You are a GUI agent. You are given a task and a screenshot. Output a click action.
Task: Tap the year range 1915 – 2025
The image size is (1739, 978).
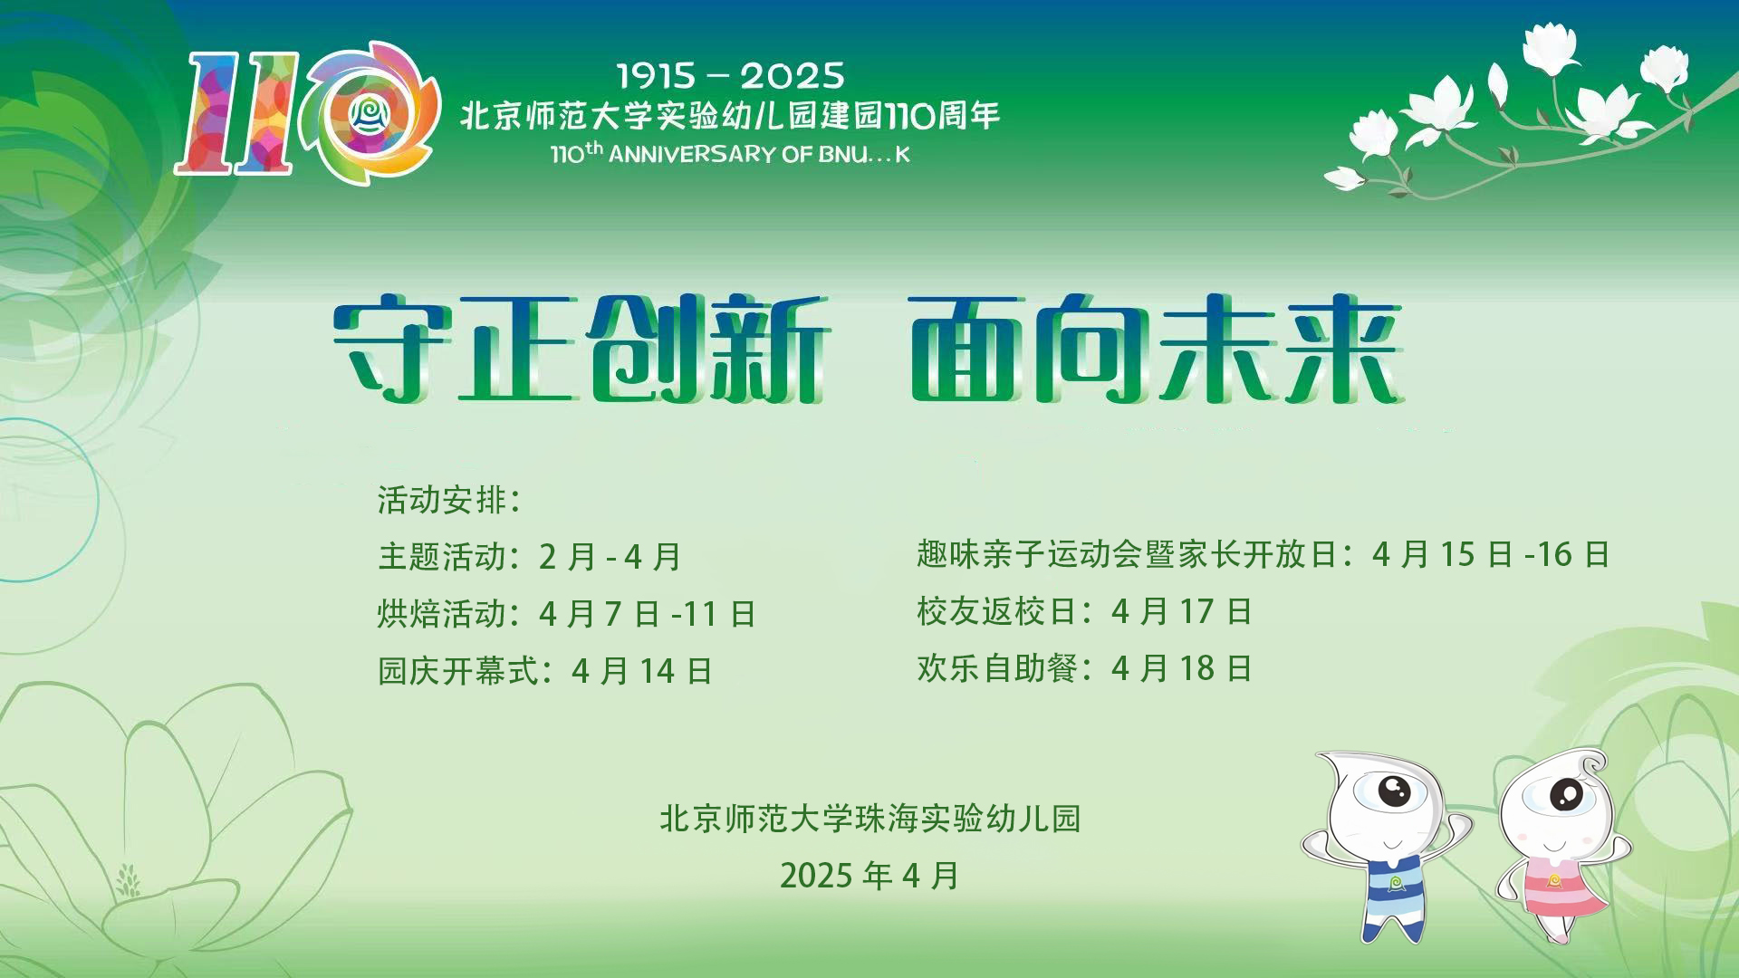point(730,76)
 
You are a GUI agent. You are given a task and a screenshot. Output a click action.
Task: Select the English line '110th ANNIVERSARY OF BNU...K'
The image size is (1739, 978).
point(730,153)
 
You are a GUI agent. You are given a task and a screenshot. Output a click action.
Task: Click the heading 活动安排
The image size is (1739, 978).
point(449,500)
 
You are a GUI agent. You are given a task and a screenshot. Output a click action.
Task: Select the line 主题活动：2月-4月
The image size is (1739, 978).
point(529,556)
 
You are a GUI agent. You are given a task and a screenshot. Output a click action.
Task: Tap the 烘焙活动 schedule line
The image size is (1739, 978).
point(566,614)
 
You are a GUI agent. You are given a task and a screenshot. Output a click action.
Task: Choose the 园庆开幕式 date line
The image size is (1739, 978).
point(544,671)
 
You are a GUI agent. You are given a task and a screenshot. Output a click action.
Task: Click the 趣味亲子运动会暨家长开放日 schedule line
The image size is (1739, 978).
point(1263,554)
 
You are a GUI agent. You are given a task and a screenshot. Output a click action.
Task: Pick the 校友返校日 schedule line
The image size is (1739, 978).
point(1083,611)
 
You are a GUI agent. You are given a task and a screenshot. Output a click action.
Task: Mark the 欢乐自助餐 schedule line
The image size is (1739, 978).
point(1083,668)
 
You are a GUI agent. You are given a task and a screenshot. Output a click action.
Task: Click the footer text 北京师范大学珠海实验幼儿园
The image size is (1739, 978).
point(869,819)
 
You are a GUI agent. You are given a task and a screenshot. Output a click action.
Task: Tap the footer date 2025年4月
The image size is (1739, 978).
point(869,876)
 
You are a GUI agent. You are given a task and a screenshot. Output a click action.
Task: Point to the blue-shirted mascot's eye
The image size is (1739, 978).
point(1394,791)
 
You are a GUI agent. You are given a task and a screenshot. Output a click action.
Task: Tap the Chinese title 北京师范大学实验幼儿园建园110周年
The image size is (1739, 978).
point(730,116)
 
